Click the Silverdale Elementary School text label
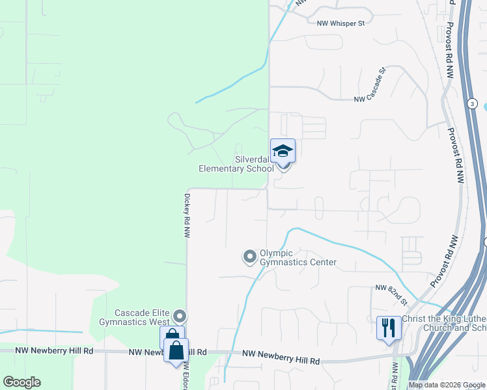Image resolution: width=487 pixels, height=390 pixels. tap(236, 164)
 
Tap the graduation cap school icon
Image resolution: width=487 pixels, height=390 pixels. tap(283, 151)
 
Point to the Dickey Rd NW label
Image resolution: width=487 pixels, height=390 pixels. tap(186, 215)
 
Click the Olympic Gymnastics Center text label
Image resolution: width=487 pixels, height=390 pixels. tap(298, 257)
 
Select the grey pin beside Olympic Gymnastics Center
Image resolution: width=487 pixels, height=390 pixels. tap(249, 257)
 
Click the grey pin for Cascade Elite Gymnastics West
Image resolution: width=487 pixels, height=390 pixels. tap(180, 317)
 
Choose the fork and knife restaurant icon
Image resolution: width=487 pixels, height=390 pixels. tap(389, 328)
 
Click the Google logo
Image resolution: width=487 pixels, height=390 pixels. tap(22, 382)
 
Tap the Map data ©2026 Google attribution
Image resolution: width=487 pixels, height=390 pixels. tap(447, 385)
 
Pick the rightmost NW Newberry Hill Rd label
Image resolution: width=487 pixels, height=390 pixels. tap(281, 360)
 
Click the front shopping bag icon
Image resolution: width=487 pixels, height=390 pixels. tap(176, 351)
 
